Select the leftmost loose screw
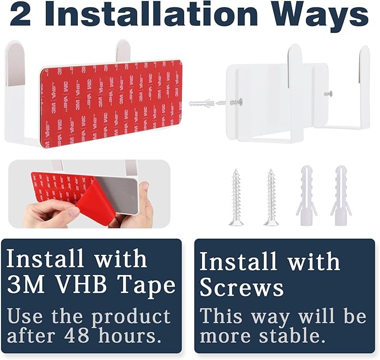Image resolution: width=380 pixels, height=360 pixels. [236, 197]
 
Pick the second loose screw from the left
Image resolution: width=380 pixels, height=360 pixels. [271, 197]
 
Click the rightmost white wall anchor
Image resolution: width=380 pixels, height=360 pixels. [341, 195]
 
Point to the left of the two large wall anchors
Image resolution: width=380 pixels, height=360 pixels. [306, 195]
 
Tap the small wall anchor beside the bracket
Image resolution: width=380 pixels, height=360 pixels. [201, 103]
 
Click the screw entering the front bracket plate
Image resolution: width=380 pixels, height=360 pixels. [230, 102]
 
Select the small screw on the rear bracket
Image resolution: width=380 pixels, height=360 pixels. [328, 94]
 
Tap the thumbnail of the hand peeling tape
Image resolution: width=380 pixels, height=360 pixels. [89, 193]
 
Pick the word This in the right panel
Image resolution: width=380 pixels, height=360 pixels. [221, 315]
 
